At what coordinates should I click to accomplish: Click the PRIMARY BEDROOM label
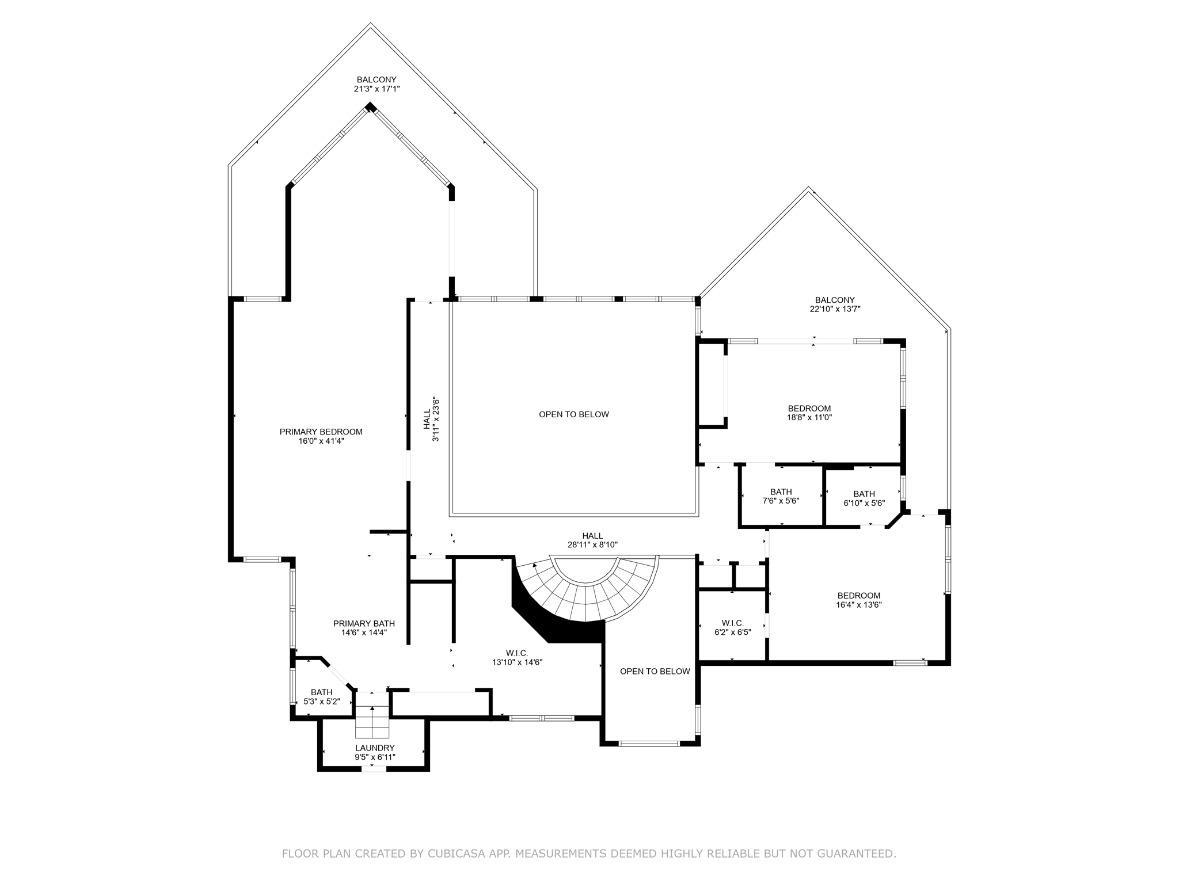click(x=321, y=432)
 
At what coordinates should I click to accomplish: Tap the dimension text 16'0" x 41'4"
click(x=321, y=441)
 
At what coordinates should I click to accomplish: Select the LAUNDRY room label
click(x=375, y=748)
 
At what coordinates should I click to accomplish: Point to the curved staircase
click(x=587, y=593)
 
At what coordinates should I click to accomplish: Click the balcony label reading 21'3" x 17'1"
click(x=376, y=89)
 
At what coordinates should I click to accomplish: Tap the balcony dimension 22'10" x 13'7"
click(x=835, y=309)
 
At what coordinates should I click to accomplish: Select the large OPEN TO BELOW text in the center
click(x=573, y=414)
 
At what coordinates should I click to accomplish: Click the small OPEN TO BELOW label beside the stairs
click(x=655, y=671)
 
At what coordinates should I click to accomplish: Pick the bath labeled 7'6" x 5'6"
click(x=781, y=496)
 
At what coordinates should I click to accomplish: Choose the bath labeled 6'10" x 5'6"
click(x=864, y=498)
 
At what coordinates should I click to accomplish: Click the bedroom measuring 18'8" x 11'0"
click(x=809, y=413)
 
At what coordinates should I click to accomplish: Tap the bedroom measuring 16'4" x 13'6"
click(x=858, y=600)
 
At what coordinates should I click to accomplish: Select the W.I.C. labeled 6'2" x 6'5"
click(x=732, y=627)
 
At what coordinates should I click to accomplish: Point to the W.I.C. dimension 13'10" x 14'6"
click(x=517, y=662)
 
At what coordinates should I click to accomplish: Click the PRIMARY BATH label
click(x=364, y=623)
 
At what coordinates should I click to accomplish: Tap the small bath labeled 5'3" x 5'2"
click(x=321, y=697)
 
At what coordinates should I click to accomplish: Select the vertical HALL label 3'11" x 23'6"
click(x=431, y=420)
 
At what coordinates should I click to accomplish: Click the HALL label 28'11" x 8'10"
click(x=592, y=540)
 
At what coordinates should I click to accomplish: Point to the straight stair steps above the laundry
click(x=372, y=722)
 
